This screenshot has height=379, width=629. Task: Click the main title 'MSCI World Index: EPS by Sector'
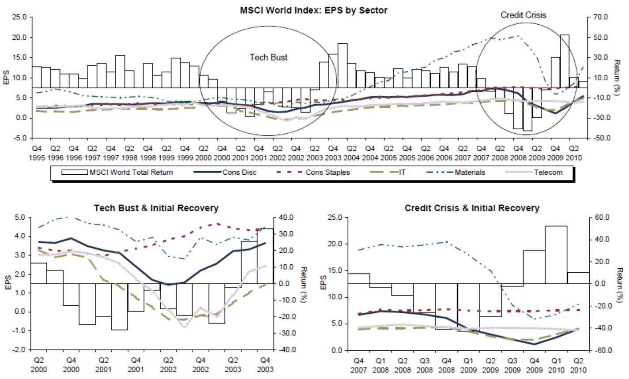point(313,10)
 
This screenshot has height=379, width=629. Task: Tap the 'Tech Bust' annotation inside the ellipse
point(268,57)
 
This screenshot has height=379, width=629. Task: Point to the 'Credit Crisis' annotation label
point(523,15)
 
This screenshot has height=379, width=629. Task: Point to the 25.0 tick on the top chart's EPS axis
point(20,17)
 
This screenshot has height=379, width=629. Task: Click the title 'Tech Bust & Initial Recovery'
point(156,208)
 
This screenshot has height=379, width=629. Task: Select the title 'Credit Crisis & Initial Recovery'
point(472,208)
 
